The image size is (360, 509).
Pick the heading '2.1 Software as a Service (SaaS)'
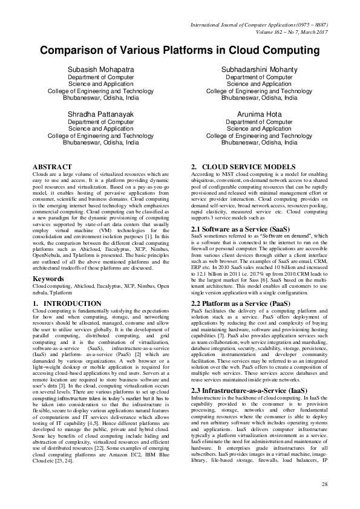[240, 229]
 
